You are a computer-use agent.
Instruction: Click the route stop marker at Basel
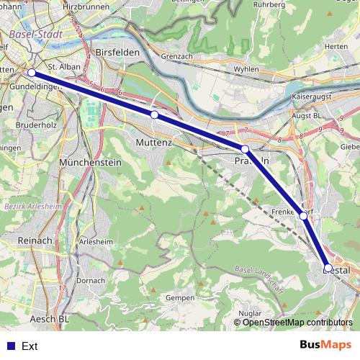32,73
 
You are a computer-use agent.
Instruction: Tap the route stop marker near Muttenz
154,114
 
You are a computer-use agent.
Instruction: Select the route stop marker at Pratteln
245,149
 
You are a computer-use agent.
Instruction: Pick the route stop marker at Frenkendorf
303,215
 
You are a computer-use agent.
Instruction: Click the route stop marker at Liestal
328,268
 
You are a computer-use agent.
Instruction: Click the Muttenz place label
153,143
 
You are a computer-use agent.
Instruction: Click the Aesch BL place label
50,318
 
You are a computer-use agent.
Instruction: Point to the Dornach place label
91,279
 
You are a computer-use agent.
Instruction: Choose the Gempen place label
180,297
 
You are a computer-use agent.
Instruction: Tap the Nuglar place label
249,313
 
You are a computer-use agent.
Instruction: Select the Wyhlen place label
246,70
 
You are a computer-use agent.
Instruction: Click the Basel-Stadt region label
37,34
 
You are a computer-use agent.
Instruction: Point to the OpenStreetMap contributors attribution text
293,322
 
